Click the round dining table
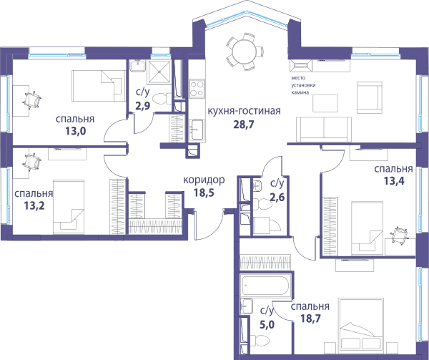pos(244,52)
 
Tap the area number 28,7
pos(244,125)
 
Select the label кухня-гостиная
pos(245,111)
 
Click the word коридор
pos(204,180)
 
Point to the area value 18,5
pos(204,193)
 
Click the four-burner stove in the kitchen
pos(197,88)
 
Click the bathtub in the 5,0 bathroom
pos(265,286)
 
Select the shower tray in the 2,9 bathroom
pos(159,72)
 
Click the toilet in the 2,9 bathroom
pos(161,99)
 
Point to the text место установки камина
pos(303,85)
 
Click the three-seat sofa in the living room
pos(324,130)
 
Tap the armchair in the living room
pos(370,97)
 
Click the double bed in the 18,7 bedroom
pos(360,325)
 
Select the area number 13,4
pos(394,181)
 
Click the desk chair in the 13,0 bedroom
pos(32,99)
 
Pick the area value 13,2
pos(34,205)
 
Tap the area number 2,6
pos(277,196)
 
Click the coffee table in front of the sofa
pos(325,103)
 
